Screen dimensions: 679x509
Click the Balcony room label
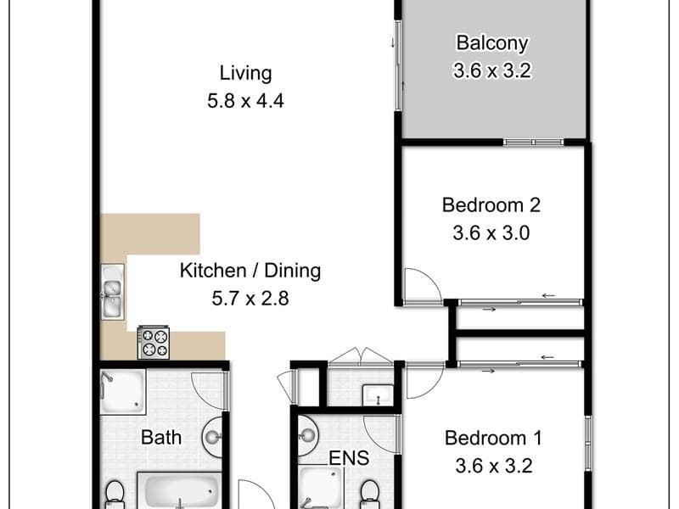pyautogui.click(x=492, y=43)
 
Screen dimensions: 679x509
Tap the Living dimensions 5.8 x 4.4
pyautogui.click(x=245, y=101)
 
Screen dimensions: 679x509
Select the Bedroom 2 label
pyautogui.click(x=491, y=204)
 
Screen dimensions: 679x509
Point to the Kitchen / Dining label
pyautogui.click(x=250, y=271)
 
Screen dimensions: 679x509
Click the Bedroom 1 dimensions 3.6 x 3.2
pyautogui.click(x=494, y=466)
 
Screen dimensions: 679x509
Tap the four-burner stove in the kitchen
pyautogui.click(x=154, y=343)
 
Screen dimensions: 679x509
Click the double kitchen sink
pyautogui.click(x=113, y=292)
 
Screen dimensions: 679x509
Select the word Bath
pyautogui.click(x=161, y=438)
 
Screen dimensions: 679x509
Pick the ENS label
pyautogui.click(x=349, y=458)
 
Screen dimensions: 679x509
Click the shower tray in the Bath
pyautogui.click(x=122, y=392)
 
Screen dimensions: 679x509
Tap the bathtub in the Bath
pyautogui.click(x=179, y=490)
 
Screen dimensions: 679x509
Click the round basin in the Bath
pyautogui.click(x=213, y=437)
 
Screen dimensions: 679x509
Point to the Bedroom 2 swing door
pyautogui.click(x=422, y=286)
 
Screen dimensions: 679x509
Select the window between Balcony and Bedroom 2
pyautogui.click(x=534, y=142)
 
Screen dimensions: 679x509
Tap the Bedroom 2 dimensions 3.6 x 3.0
pyautogui.click(x=491, y=233)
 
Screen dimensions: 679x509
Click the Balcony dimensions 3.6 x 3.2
pyautogui.click(x=492, y=70)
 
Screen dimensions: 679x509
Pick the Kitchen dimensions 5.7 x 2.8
pyautogui.click(x=250, y=299)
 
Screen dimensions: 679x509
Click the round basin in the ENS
pyautogui.click(x=307, y=434)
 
